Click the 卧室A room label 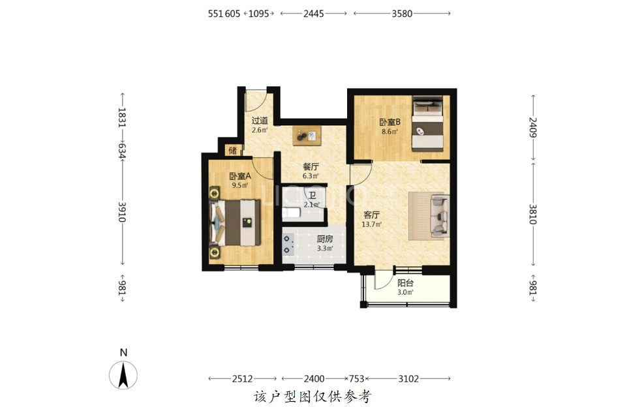tap(240, 176)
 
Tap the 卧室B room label tap(390, 122)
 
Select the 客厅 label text tap(371, 215)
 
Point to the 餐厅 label tap(311, 166)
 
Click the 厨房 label tap(325, 239)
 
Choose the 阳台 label tap(405, 283)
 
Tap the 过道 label tap(260, 121)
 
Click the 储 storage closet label tap(233, 150)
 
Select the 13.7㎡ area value tap(371, 224)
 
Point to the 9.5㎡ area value tap(240, 185)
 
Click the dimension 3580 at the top tap(402, 14)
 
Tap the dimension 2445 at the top tap(313, 14)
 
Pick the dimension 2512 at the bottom tap(242, 378)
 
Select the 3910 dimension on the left tap(123, 212)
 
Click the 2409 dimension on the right tap(532, 128)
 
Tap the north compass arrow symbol tap(123, 375)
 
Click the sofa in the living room tap(439, 215)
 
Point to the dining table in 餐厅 tap(307, 136)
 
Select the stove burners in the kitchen tap(288, 245)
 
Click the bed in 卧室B tap(427, 123)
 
